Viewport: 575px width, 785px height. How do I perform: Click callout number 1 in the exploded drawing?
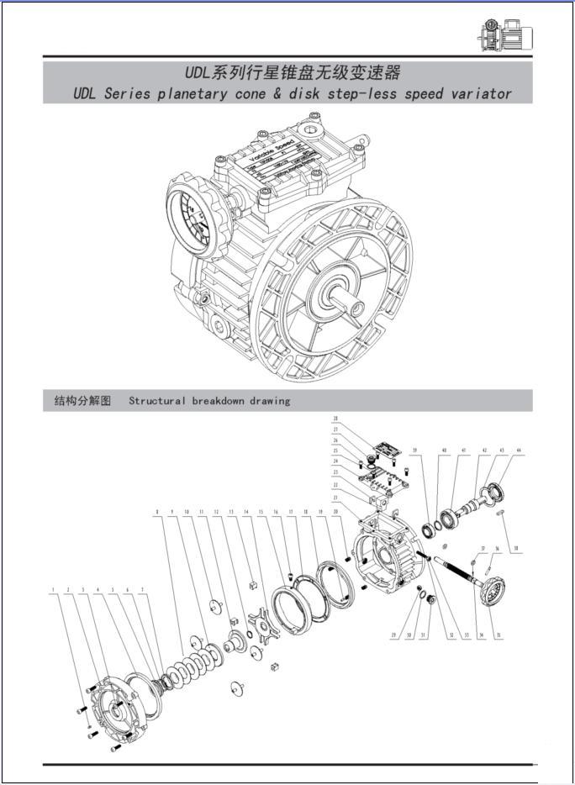pos(53,590)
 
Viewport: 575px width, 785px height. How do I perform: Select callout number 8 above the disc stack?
pos(156,511)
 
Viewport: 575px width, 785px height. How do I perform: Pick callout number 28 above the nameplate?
pos(335,418)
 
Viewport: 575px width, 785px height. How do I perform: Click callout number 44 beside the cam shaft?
pos(519,451)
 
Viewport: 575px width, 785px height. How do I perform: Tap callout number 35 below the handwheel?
pos(499,635)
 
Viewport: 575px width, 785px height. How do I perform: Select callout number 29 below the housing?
pos(393,635)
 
